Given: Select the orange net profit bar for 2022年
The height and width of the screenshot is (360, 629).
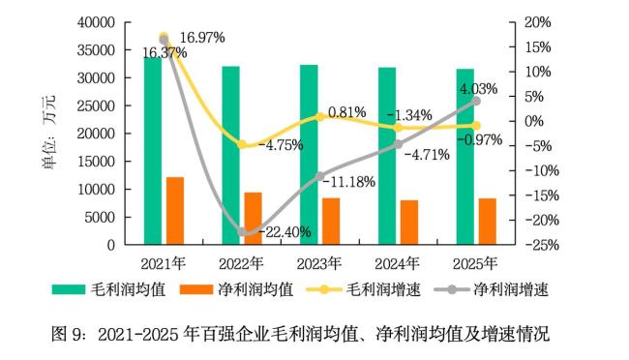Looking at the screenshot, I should click(253, 219).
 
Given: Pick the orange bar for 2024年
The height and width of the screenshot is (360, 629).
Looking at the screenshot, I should click(409, 223).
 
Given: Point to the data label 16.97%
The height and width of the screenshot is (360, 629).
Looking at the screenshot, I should click(202, 38).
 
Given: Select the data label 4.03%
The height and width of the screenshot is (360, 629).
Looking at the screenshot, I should click(477, 89).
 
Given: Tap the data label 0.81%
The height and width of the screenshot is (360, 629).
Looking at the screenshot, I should click(346, 112).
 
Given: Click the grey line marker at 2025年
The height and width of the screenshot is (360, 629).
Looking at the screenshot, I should click(476, 101).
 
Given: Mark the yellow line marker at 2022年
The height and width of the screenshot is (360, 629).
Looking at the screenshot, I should click(243, 145).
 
